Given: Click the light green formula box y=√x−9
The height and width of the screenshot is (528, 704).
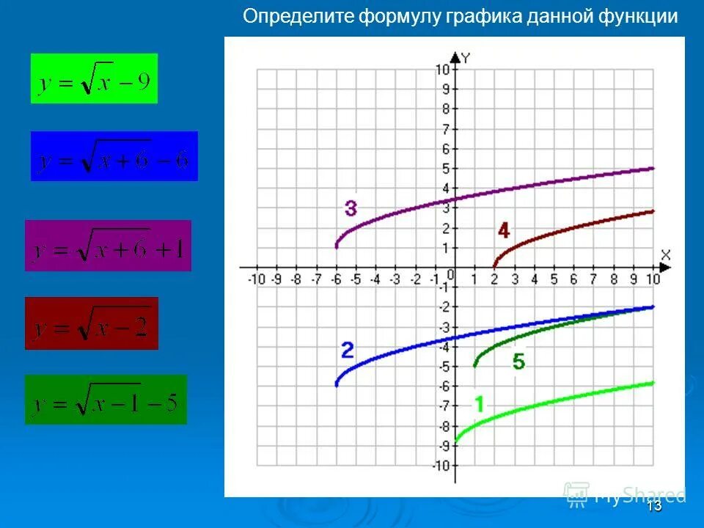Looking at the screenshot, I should pos(94,78).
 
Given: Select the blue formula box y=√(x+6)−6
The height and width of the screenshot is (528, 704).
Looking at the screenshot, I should pos(114,156).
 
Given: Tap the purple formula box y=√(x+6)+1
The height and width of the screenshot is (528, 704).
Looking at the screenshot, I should pos(108,246).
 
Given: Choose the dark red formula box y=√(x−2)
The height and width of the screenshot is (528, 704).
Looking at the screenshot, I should pos(92,323).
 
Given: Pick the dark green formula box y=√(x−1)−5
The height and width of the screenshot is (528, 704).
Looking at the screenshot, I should pos(106,400).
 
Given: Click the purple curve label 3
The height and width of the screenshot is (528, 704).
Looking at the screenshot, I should pos(351,209).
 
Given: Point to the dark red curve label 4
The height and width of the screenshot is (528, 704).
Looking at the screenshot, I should pos(504,231).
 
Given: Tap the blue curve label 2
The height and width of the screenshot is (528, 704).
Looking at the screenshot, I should pos(348,350).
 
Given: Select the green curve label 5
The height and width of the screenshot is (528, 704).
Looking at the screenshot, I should pos(518,362).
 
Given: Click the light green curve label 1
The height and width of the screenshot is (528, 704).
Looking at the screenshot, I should pos(479,403).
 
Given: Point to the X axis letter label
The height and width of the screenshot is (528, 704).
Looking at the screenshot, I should pos(665,254).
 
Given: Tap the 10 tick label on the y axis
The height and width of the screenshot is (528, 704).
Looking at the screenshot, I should pos(441,70).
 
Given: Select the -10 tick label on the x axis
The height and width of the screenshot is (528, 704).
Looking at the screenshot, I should pos(257,279).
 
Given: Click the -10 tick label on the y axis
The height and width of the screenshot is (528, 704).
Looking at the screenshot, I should pos(440,466).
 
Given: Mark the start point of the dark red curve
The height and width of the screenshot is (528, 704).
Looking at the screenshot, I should pos(494,266).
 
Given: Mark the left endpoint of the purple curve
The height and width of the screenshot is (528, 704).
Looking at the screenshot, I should pos(337,247).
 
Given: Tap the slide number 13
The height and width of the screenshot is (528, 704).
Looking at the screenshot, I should pos(655,506).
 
